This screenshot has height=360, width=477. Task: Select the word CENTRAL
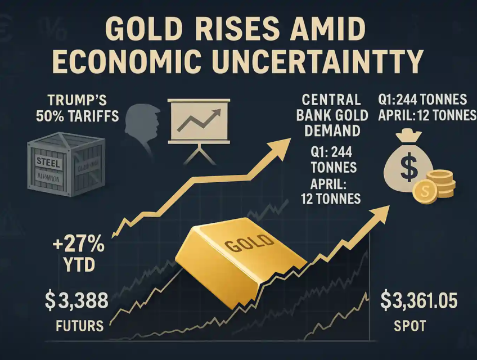click(x=331, y=101)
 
